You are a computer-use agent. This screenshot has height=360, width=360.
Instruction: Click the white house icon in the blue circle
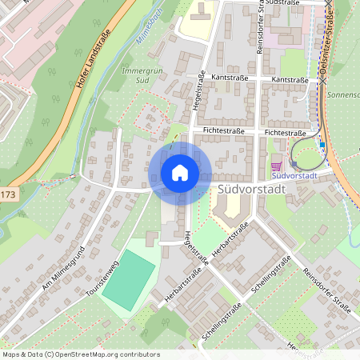(180, 172)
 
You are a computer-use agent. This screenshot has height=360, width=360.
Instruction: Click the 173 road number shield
(7, 194)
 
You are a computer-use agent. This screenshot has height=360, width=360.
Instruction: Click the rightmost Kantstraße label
(290, 80)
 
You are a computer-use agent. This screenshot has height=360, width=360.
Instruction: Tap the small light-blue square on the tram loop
(322, 145)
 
